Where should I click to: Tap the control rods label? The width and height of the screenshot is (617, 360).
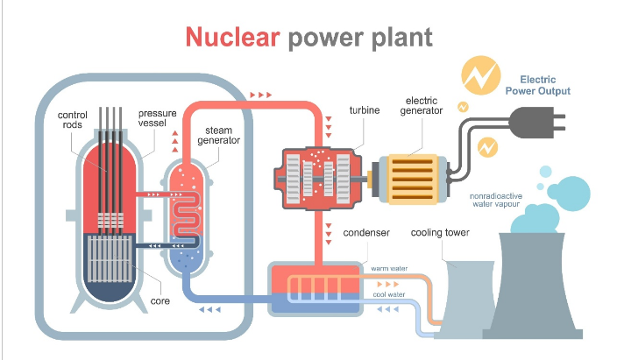[72, 121]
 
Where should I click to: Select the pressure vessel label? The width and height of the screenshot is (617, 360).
[157, 118]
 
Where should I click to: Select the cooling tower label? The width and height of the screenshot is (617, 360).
[441, 233]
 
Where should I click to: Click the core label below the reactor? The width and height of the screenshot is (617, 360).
[160, 301]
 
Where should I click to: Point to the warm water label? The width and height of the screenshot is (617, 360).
[389, 269]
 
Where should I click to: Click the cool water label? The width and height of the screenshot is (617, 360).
[389, 294]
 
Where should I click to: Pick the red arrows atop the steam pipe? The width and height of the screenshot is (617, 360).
[260, 92]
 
